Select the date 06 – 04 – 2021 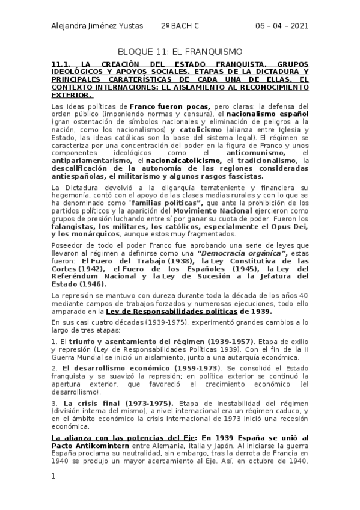(282, 25)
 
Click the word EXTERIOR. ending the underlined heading (72, 94)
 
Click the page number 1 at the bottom (53, 476)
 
